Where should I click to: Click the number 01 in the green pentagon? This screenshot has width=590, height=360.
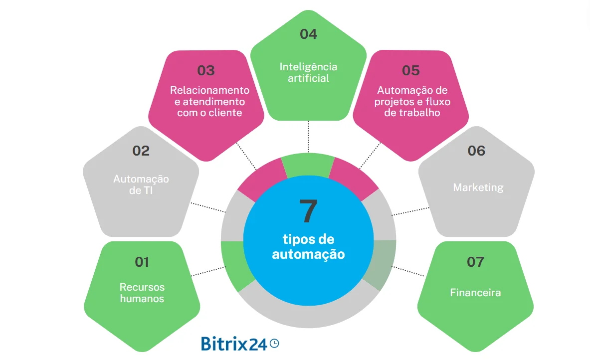point(142,262)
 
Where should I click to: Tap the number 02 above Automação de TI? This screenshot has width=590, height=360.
point(141,151)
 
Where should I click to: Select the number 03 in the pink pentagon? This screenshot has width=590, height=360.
point(206,71)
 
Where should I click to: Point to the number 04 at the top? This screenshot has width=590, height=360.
point(308,34)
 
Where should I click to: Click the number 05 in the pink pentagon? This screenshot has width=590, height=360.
point(411,71)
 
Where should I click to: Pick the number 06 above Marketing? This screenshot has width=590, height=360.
point(476,151)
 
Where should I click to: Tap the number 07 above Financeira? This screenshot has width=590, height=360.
point(475,262)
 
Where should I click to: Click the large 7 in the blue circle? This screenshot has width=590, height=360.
point(308,211)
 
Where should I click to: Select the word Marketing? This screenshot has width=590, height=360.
point(478,188)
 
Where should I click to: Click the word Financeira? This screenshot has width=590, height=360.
point(475,293)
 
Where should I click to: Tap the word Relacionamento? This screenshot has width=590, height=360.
point(209,90)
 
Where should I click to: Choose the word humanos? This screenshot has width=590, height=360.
point(142,299)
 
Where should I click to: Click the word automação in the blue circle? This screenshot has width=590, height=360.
point(308,254)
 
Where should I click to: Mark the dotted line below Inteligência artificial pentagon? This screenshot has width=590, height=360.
point(308,137)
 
